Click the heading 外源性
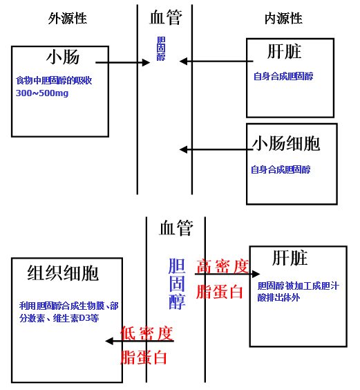pos(68,19)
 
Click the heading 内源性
pos(283,19)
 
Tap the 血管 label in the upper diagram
pos(166,17)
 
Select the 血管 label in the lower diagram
pos(176,228)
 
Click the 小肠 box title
pos(63,57)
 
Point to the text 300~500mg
pos(42,93)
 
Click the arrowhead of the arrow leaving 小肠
pos(146,62)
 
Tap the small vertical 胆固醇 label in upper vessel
pos(161,48)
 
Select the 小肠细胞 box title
pos(286,144)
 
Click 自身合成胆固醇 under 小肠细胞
pos(281,169)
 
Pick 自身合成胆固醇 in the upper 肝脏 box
pos(283,76)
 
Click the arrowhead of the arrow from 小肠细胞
pos(183,149)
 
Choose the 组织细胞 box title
pos(63,273)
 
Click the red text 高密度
pos(222,267)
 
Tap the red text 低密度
pos(146,333)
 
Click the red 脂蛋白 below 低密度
pos(144,357)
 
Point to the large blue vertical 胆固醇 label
pos(177,284)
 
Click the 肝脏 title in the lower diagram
pos(290,258)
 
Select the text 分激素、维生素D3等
pos(59,318)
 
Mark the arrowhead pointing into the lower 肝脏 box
pos(256,274)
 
